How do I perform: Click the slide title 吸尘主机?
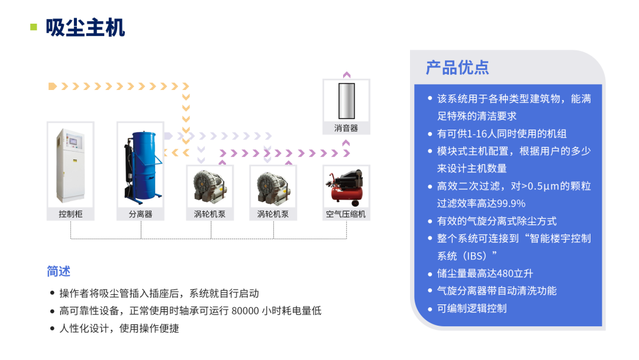(86, 28)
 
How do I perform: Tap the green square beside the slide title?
(34, 27)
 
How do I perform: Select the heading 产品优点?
(457, 67)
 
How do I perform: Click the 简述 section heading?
(59, 271)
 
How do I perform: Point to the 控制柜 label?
(70, 214)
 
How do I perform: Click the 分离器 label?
(140, 214)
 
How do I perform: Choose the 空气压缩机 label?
(346, 214)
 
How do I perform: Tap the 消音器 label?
(346, 128)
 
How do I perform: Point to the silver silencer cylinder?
(346, 101)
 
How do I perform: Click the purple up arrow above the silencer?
(347, 75)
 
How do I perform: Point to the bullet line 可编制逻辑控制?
(472, 308)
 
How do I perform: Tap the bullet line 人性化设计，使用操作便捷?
(119, 328)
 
